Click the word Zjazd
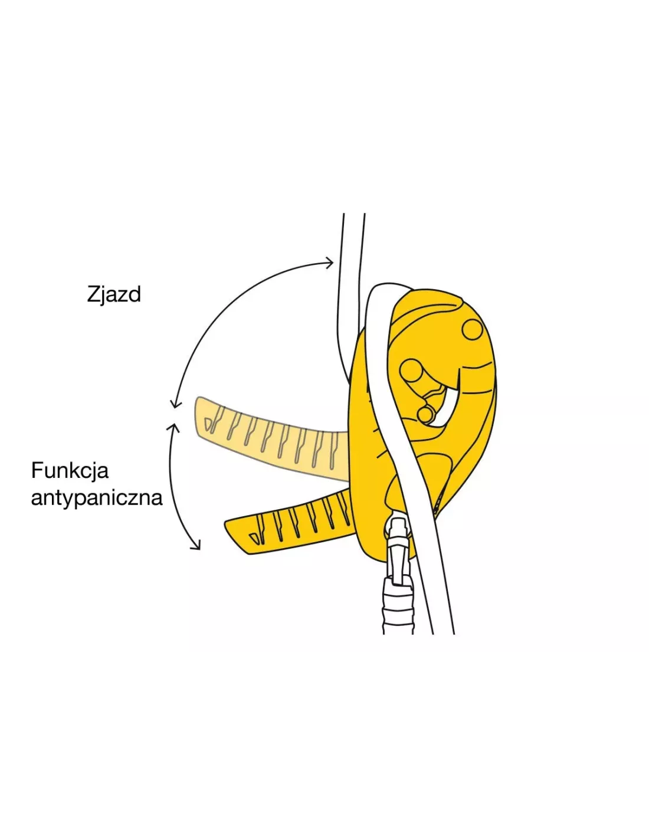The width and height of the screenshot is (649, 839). (x=114, y=295)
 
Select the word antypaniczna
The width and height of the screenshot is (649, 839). (x=97, y=499)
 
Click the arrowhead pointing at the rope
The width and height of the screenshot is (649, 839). (x=329, y=263)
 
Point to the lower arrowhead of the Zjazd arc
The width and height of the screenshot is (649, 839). (x=175, y=403)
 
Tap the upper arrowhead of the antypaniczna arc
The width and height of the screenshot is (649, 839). (x=173, y=427)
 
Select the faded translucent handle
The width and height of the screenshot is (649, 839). (x=271, y=437)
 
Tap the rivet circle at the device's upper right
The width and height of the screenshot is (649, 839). (x=472, y=329)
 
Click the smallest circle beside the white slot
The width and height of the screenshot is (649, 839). (x=425, y=415)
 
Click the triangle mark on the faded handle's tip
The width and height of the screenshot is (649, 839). (x=209, y=424)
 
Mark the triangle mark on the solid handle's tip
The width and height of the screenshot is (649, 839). (x=255, y=538)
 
